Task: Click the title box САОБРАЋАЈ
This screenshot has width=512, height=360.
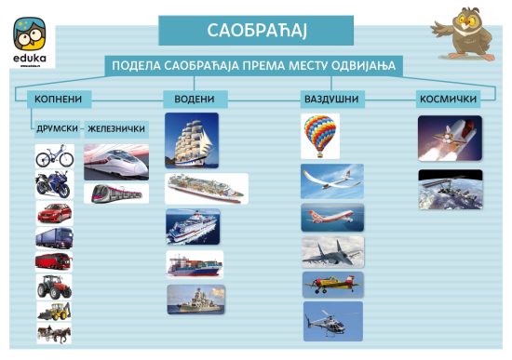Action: click(x=256, y=31)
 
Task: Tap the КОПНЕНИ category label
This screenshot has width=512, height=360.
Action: click(x=59, y=99)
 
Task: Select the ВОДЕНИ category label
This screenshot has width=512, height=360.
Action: click(x=195, y=99)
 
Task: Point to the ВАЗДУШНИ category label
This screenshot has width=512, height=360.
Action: click(x=331, y=99)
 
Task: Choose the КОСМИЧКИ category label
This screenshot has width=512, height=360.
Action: click(x=448, y=99)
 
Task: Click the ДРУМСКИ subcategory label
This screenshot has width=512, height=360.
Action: click(x=58, y=128)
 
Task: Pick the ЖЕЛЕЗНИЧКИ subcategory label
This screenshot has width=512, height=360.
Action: click(x=116, y=129)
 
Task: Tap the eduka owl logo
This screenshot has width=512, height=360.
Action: click(x=30, y=40)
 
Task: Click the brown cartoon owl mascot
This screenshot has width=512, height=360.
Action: click(x=464, y=33)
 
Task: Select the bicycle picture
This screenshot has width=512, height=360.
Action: click(x=55, y=156)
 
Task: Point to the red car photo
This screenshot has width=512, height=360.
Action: click(x=55, y=213)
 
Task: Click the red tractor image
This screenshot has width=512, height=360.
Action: click(x=54, y=287)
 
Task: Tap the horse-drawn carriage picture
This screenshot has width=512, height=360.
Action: click(x=54, y=333)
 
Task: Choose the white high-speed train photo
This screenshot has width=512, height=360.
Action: click(x=116, y=162)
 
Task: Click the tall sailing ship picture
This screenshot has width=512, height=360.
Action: click(x=192, y=140)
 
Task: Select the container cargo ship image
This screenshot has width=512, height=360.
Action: click(x=195, y=264)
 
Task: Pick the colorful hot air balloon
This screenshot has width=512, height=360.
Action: click(x=320, y=136)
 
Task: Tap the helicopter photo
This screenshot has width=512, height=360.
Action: click(x=333, y=322)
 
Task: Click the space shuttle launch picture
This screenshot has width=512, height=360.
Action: click(x=450, y=138)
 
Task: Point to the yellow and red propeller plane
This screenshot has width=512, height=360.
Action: click(x=333, y=285)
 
